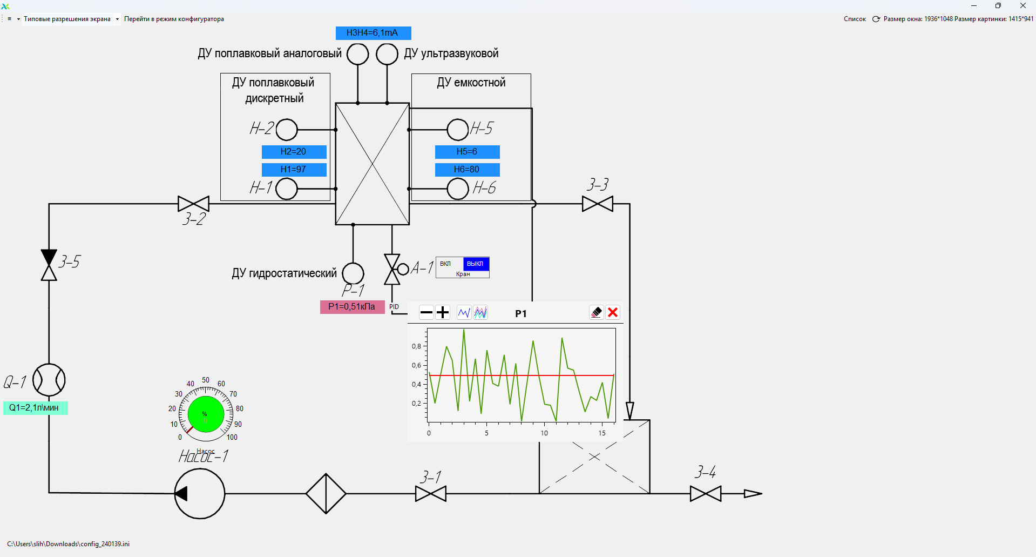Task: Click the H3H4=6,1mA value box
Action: pos(373,33)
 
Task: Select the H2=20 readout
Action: pos(294,152)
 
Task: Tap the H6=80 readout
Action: pos(467,170)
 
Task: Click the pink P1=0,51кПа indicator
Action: pos(352,307)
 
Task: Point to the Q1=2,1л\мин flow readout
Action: pos(35,408)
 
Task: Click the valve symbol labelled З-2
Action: pos(193,204)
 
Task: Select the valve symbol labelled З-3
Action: pos(598,204)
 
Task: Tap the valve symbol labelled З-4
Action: pos(706,494)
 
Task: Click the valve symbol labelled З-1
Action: pos(431,494)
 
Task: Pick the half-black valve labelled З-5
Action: pos(49,265)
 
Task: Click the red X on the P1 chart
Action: pos(613,312)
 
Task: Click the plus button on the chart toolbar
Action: pos(443,312)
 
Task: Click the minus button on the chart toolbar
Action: pos(426,312)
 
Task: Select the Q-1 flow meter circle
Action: pos(49,380)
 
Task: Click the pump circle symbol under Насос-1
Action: pos(200,494)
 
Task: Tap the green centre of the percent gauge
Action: pos(206,414)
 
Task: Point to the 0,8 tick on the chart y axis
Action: pos(417,346)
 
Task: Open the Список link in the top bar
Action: pos(855,19)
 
